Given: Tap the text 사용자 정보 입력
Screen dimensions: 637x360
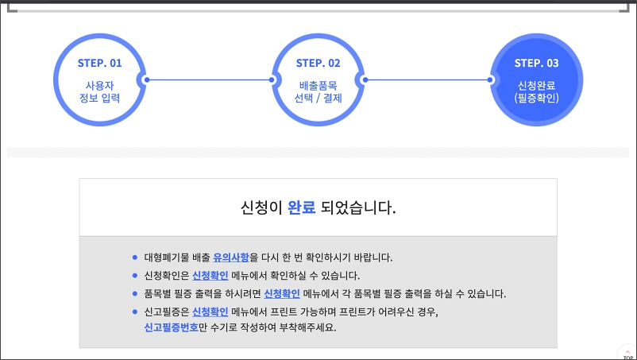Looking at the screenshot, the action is pos(100,91).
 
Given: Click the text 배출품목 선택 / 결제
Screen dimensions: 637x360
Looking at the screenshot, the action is pos(318,91).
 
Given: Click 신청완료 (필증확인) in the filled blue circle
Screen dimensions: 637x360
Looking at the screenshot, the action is pos(536,91).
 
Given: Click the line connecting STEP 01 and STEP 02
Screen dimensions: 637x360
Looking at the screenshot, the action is pos(208,79).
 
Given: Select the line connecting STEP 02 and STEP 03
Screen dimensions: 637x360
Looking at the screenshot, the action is pos(427,79).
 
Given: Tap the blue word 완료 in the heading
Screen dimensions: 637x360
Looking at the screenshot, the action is pos(302,208).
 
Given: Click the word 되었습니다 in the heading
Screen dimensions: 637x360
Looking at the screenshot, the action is pos(358,208).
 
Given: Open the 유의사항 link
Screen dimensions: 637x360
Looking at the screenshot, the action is pos(231,257).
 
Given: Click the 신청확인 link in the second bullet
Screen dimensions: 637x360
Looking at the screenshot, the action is pos(210,276).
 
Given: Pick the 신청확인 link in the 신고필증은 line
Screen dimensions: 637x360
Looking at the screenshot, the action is pos(210,312).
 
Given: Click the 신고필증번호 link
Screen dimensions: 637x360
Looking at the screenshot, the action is pos(171,327).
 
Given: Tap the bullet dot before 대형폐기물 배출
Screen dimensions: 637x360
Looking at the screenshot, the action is pos(135,257).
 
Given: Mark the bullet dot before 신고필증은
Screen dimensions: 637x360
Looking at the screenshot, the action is pos(135,312).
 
